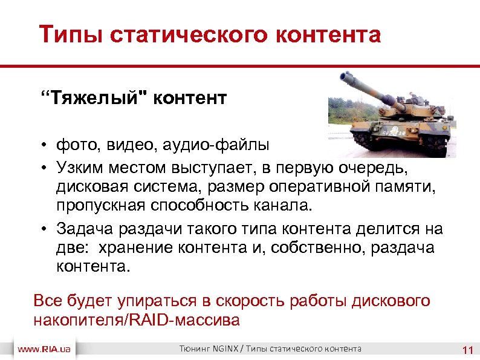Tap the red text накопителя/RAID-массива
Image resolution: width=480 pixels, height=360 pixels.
[x=136, y=320]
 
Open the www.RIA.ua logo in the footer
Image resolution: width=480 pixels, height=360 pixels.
[x=46, y=350]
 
